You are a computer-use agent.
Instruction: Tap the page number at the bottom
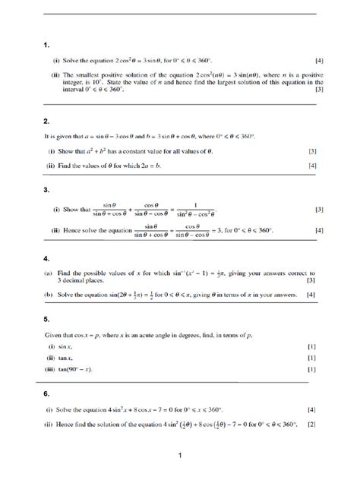click(179, 456)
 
